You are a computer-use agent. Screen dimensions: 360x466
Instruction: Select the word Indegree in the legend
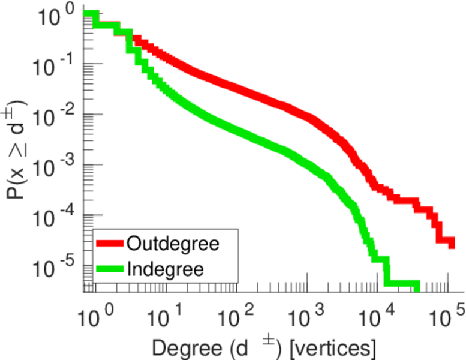click(x=165, y=269)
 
